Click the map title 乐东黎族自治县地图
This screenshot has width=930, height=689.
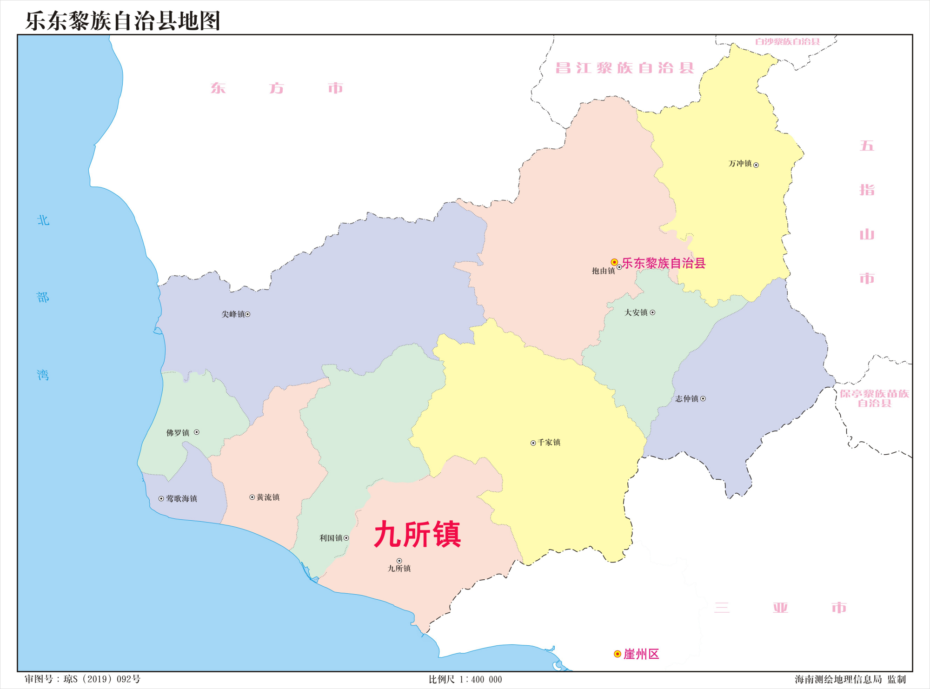123,21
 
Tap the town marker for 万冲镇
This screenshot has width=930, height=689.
756,165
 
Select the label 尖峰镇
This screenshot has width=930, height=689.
233,314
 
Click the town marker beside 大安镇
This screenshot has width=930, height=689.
652,312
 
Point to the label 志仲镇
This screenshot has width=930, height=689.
687,399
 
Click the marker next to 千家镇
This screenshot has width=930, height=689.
533,443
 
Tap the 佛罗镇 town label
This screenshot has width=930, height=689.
178,433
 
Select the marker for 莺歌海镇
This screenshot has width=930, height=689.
161,499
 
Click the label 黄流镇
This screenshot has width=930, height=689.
268,497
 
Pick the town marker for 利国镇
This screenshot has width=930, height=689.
346,538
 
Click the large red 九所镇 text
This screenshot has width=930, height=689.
417,535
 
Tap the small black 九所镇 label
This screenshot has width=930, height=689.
399,569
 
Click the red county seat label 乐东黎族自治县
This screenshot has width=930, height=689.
664,263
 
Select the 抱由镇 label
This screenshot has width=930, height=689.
603,271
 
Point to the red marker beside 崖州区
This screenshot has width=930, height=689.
618,654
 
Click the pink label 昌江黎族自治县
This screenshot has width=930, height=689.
624,68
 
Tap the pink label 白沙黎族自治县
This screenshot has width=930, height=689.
787,42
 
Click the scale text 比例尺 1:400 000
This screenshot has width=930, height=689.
465,679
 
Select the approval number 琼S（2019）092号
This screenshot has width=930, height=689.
102,679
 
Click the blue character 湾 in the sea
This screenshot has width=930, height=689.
43,375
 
